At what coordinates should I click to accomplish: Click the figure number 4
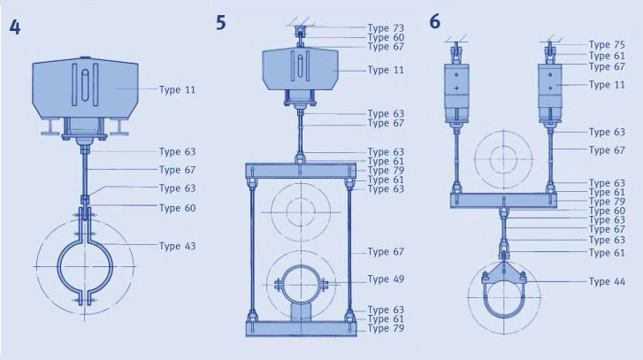tap(14, 27)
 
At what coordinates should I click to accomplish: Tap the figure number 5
tap(221, 22)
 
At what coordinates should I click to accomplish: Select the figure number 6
tap(435, 21)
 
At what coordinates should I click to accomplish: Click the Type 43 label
tap(177, 246)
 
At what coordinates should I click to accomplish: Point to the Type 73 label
tap(386, 28)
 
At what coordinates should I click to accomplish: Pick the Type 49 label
tap(386, 279)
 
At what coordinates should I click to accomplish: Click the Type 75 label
tap(607, 45)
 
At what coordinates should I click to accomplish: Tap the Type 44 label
tap(607, 281)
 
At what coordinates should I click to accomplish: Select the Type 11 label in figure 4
tap(177, 89)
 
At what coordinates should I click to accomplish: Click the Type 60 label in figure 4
tap(177, 208)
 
